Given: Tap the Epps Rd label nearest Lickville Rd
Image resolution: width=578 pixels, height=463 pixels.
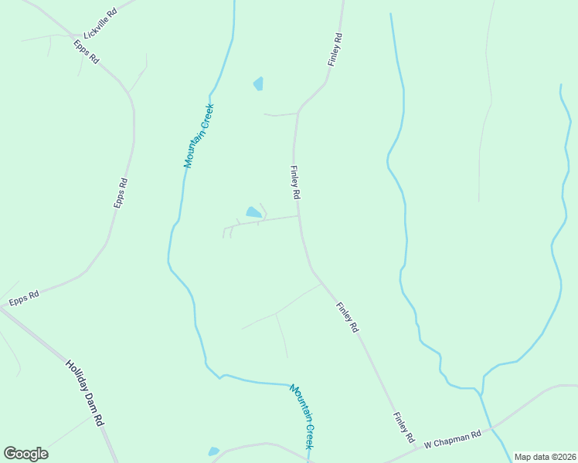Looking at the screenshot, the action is (x=87, y=51).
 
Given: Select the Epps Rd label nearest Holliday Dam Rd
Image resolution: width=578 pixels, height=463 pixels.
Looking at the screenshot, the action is (x=24, y=295).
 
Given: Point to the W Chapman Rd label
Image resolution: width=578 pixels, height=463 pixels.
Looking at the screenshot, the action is (x=452, y=438).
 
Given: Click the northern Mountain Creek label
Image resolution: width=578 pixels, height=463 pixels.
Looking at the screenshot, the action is (x=199, y=137).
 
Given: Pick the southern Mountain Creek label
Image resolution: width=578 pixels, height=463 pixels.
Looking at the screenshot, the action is (x=302, y=417).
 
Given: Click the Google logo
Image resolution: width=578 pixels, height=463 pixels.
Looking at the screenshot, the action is (x=25, y=454).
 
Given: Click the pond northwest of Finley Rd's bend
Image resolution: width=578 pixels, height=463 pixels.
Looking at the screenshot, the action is (x=258, y=83).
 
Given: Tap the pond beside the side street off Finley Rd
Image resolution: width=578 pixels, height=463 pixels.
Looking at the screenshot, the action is (x=253, y=212).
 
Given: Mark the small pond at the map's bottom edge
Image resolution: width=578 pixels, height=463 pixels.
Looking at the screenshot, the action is (x=213, y=451).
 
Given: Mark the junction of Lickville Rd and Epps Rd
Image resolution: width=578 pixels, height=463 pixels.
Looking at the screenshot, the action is (x=80, y=36).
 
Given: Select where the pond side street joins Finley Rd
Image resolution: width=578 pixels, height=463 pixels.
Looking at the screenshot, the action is (x=299, y=216).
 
